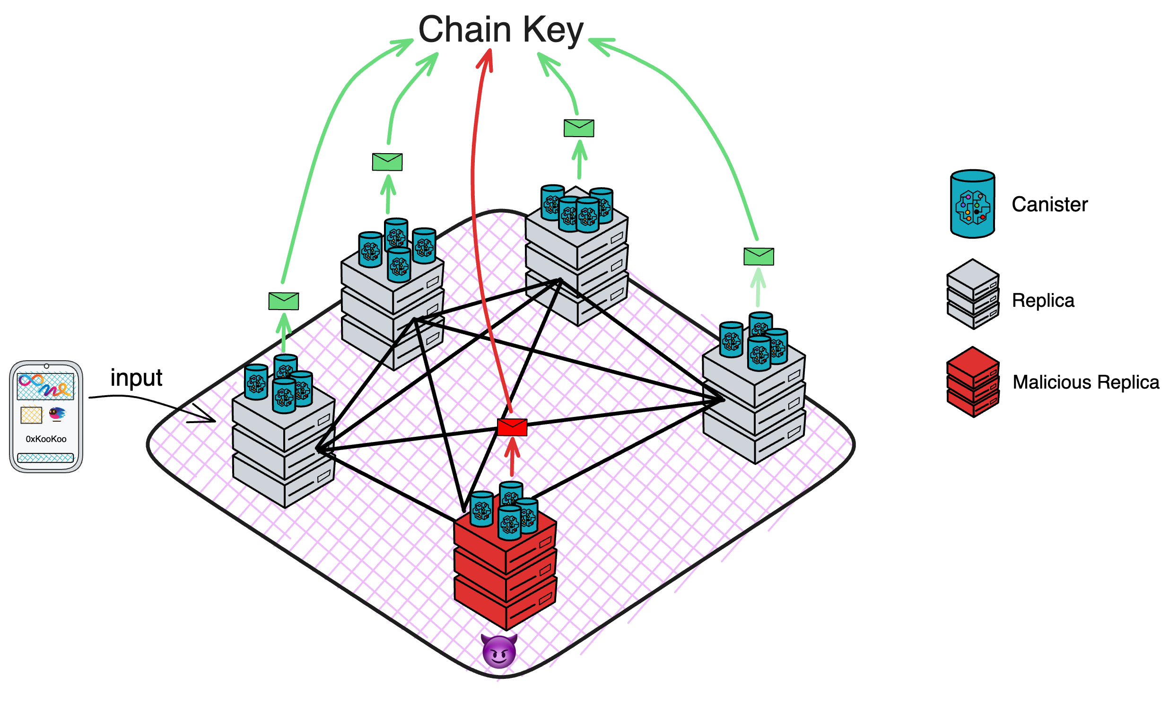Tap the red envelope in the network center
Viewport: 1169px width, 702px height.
tap(512, 427)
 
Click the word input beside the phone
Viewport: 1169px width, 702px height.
tap(136, 378)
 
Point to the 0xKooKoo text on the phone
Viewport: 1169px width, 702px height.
tap(46, 439)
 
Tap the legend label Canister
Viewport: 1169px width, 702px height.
tap(1049, 204)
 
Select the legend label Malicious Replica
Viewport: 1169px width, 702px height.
tap(1085, 382)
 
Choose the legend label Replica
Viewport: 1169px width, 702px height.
tap(1043, 300)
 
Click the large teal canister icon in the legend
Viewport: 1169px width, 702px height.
tap(972, 204)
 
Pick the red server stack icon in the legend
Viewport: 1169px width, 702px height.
tap(972, 382)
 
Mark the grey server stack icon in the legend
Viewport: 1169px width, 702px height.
tap(972, 294)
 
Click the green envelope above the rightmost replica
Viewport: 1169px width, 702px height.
tap(759, 256)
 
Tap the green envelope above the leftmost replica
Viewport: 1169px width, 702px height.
tap(283, 301)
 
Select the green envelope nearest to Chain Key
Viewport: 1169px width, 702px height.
tap(578, 128)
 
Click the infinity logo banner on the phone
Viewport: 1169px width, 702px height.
tap(45, 386)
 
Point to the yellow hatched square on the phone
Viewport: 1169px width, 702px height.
tap(31, 416)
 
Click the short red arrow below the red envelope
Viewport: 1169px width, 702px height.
tap(512, 457)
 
